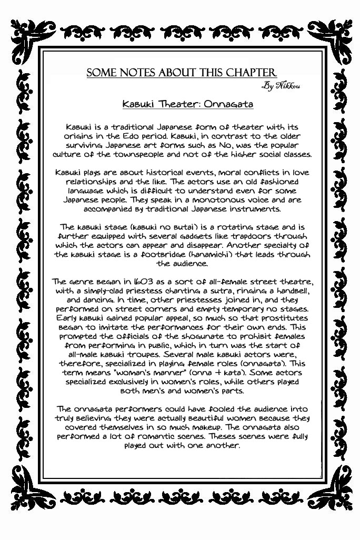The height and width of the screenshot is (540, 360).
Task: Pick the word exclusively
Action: pos(135,382)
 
